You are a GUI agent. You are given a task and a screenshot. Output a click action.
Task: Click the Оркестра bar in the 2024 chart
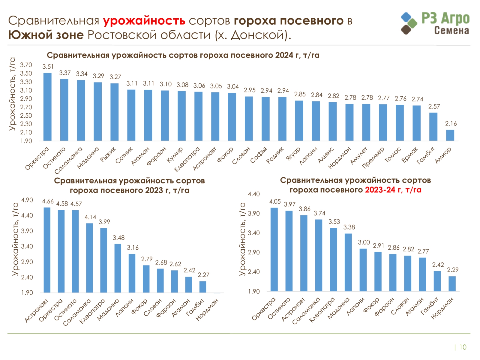click(47, 107)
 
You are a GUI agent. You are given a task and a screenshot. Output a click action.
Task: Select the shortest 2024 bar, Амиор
click(450, 135)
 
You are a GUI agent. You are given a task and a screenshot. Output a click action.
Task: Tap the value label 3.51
click(48, 67)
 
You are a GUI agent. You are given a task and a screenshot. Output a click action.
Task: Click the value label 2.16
click(451, 124)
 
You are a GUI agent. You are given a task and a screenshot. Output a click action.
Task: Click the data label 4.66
click(48, 201)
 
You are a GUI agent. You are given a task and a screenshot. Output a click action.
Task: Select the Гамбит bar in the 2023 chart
click(203, 287)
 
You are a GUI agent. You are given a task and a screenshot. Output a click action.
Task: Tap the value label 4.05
click(275, 202)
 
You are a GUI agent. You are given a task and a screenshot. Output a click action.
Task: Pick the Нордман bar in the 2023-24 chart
click(452, 284)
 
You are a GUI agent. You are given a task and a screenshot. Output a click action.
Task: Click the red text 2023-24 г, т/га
click(393, 190)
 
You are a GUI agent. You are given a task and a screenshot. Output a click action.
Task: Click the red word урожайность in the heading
click(144, 21)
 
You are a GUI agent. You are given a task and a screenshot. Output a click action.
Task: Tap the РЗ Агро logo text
click(445, 19)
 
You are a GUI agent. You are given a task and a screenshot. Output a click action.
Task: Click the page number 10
click(463, 347)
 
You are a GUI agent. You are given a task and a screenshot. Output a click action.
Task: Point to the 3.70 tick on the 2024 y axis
click(26, 65)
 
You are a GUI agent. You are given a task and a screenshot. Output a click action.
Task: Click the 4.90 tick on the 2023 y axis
click(27, 200)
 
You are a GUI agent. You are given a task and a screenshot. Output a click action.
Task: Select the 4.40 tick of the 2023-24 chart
click(254, 194)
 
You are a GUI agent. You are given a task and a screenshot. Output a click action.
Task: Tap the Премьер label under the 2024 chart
click(373, 157)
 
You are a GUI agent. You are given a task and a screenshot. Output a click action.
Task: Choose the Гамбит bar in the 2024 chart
click(433, 127)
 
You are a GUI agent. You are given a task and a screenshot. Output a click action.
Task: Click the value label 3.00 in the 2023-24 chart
click(364, 242)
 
